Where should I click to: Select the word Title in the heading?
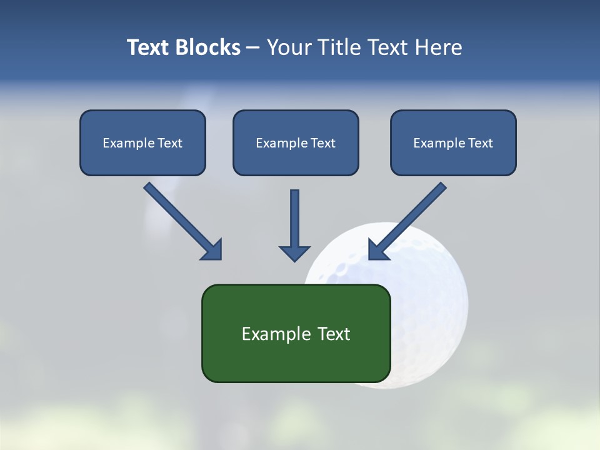pyautogui.click(x=341, y=47)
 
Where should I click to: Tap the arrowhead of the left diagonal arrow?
pyautogui.click(x=212, y=249)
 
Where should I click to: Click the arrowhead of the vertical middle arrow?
pyautogui.click(x=294, y=252)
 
